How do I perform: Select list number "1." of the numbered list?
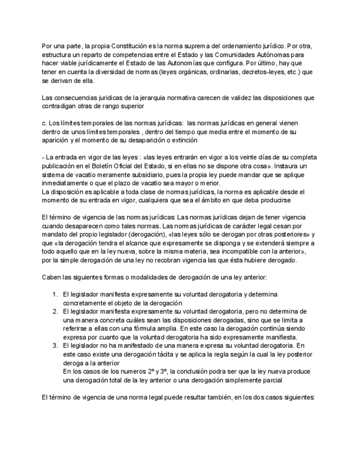(x=56, y=294)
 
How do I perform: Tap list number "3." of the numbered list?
(x=56, y=345)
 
